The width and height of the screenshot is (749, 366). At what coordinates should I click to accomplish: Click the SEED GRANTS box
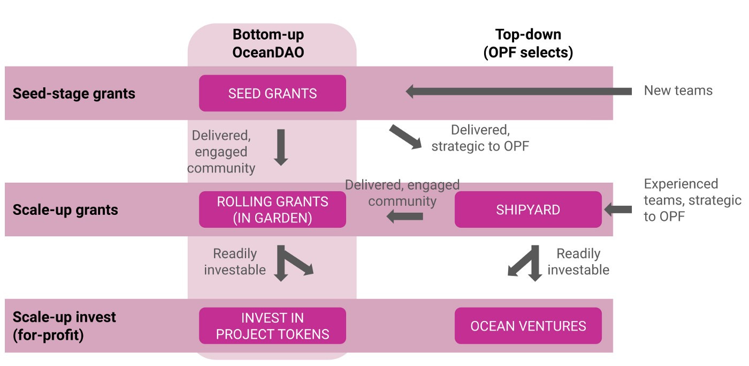pyautogui.click(x=272, y=93)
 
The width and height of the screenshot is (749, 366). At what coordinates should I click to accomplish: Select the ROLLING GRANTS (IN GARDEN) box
pyautogui.click(x=272, y=210)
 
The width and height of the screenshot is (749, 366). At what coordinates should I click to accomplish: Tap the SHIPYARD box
pyautogui.click(x=528, y=210)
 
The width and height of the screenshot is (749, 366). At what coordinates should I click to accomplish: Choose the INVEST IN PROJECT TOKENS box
pyautogui.click(x=272, y=326)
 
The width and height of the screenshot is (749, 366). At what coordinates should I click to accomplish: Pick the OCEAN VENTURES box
pyautogui.click(x=528, y=326)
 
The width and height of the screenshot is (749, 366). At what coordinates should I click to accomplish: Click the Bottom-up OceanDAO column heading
pyautogui.click(x=268, y=43)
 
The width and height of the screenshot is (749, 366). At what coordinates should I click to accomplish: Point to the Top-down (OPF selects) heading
pyautogui.click(x=529, y=43)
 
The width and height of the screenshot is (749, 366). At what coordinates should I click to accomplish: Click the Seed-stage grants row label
pyautogui.click(x=74, y=93)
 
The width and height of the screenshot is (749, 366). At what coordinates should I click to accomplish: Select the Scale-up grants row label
pyautogui.click(x=65, y=210)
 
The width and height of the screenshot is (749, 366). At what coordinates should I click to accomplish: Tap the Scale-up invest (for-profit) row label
pyautogui.click(x=64, y=326)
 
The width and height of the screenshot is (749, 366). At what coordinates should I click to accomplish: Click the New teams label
pyautogui.click(x=678, y=91)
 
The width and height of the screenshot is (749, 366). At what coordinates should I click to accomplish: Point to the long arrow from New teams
pyautogui.click(x=518, y=92)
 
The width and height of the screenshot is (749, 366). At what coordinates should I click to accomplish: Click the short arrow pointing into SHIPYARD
pyautogui.click(x=618, y=210)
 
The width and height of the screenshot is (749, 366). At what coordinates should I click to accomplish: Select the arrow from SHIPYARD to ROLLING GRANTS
pyautogui.click(x=404, y=216)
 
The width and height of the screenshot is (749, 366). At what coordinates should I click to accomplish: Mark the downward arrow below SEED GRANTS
pyautogui.click(x=281, y=147)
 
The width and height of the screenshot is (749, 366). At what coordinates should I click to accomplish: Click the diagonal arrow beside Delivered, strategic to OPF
pyautogui.click(x=406, y=137)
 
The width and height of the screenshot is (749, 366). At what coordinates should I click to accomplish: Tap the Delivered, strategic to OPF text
pyautogui.click(x=480, y=138)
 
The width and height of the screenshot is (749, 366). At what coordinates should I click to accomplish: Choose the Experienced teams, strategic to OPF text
pyautogui.click(x=692, y=200)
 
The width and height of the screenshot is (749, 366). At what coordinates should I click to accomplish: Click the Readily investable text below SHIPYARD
pyautogui.click(x=578, y=262)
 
